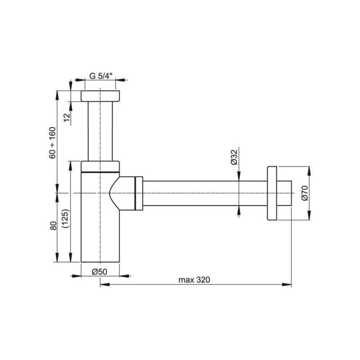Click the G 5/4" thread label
(x=100, y=76)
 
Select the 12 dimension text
(x=67, y=118)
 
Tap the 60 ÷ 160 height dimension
(x=52, y=143)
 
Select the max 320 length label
(x=194, y=280)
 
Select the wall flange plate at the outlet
(x=272, y=193)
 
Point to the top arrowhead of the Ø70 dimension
(x=309, y=171)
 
